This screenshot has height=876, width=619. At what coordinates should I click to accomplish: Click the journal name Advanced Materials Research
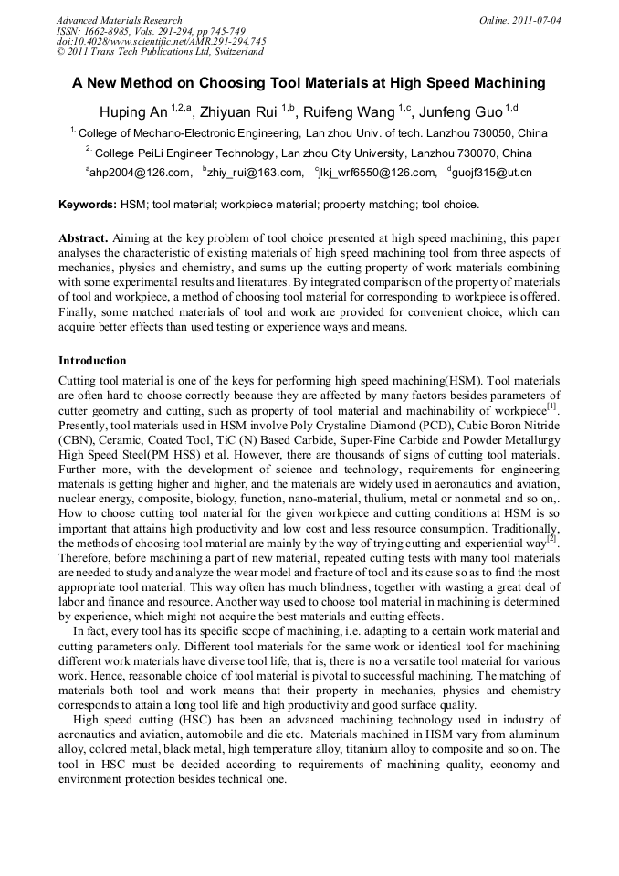[x=119, y=20]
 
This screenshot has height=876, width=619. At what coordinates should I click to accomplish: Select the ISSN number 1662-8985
[x=107, y=31]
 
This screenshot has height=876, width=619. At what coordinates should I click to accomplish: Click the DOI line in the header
[x=161, y=41]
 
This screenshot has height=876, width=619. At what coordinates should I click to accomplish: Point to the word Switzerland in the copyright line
[x=236, y=52]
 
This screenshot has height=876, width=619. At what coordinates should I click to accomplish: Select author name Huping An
[x=133, y=112]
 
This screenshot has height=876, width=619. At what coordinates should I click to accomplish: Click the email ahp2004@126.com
[x=141, y=173]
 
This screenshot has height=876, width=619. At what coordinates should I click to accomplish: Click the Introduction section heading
[x=92, y=361]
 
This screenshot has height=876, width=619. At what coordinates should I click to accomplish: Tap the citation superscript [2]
[x=552, y=539]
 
